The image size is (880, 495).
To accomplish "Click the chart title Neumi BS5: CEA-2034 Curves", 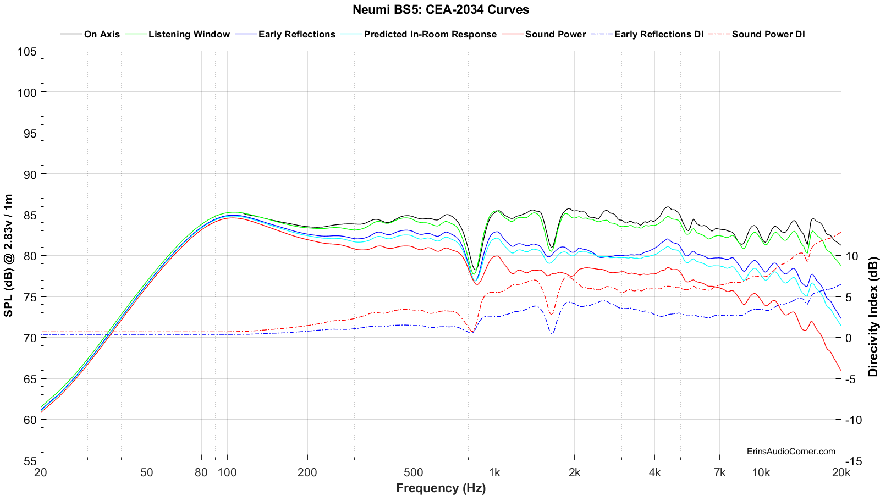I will [441, 9].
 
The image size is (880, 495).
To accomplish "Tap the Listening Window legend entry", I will [189, 34].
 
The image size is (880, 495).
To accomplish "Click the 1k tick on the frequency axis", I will [494, 472].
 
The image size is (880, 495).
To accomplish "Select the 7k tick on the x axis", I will [719, 472].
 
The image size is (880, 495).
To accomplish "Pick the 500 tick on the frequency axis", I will [413, 472].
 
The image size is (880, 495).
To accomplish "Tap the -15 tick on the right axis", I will [853, 461].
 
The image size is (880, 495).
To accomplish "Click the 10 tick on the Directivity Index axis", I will [852, 256].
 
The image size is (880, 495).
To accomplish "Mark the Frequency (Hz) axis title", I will [441, 488].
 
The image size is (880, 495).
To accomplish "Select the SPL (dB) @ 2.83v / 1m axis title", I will [9, 256].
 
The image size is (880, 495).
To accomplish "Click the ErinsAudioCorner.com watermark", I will [791, 452].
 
